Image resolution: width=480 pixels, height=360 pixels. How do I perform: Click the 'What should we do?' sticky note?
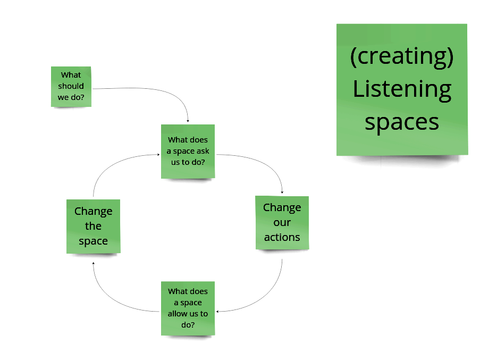71,86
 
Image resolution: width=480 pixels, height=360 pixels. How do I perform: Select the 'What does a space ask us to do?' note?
188,151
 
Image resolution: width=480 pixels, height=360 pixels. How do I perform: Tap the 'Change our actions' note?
282,222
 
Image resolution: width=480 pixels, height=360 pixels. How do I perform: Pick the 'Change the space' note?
94,226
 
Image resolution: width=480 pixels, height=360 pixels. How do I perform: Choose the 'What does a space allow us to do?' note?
188,308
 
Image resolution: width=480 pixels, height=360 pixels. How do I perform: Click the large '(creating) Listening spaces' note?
402,89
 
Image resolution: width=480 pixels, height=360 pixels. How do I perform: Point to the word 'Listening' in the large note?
402,89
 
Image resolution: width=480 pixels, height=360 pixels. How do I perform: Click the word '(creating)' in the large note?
402,56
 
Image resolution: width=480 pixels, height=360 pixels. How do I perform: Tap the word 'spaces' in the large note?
402,122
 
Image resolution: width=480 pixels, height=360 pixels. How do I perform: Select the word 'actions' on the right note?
282,237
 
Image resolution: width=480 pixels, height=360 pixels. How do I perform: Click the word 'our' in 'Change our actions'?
282,222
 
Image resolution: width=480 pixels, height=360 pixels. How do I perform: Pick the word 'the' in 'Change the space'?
94,226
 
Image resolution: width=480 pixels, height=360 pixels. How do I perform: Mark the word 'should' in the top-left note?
71,86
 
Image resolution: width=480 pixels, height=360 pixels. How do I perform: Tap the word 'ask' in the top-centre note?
203,151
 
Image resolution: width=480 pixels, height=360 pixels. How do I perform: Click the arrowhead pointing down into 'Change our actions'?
282,192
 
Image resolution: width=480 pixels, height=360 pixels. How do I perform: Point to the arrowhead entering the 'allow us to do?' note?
218,312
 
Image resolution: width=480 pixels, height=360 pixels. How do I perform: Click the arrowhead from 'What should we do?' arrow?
188,121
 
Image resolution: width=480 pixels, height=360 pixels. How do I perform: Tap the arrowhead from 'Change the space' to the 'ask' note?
158,155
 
